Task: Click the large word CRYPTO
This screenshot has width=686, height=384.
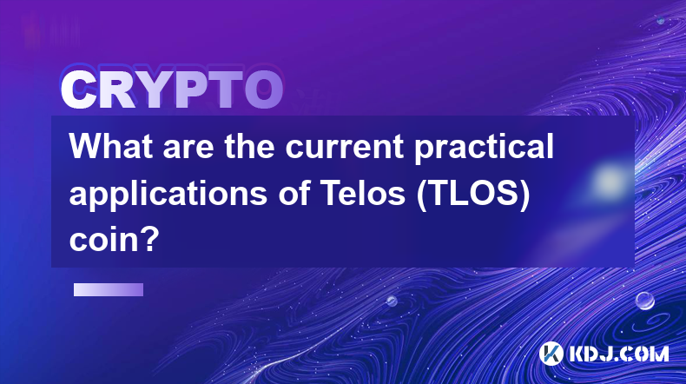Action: [172, 89]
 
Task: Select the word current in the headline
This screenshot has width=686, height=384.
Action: [345, 147]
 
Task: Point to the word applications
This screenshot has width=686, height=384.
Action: [168, 195]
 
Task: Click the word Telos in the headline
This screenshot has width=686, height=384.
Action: [363, 193]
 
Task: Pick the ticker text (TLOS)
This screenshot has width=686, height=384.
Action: [473, 195]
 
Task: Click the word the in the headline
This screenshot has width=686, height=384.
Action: [249, 147]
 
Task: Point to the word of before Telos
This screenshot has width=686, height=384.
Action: [294, 193]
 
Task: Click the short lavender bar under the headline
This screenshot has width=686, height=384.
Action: [109, 290]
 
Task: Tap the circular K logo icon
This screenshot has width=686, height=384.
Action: [551, 354]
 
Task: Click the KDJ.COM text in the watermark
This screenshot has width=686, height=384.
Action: [618, 354]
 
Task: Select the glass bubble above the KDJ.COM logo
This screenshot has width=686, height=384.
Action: [645, 301]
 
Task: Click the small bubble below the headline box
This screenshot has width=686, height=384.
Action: [392, 301]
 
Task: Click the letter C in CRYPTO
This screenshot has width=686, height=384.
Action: [79, 89]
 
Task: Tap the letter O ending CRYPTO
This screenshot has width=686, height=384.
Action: [264, 89]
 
